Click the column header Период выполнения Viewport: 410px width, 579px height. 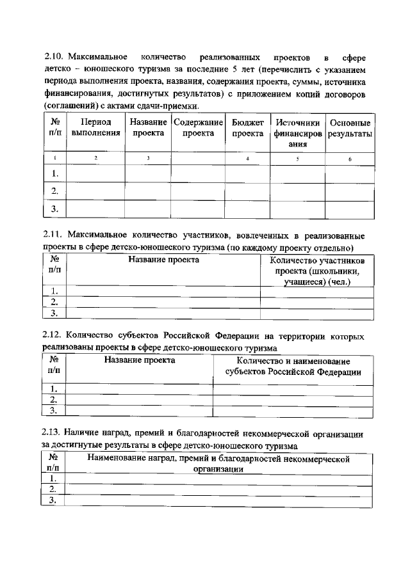click(x=96, y=127)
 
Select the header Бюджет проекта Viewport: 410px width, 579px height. click(x=247, y=127)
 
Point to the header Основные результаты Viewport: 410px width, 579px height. click(x=350, y=127)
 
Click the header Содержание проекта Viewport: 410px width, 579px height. click(x=198, y=127)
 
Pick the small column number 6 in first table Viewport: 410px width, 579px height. click(x=350, y=158)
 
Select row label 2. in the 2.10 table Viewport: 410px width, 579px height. click(x=54, y=191)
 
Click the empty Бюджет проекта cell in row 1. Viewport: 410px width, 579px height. click(x=247, y=173)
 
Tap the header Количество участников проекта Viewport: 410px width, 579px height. click(x=317, y=271)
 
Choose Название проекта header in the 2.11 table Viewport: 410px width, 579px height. click(x=163, y=260)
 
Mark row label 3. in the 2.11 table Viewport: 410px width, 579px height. click(x=54, y=313)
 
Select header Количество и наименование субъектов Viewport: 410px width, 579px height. click(x=293, y=367)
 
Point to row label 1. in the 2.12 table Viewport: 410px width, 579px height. click(x=54, y=389)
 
